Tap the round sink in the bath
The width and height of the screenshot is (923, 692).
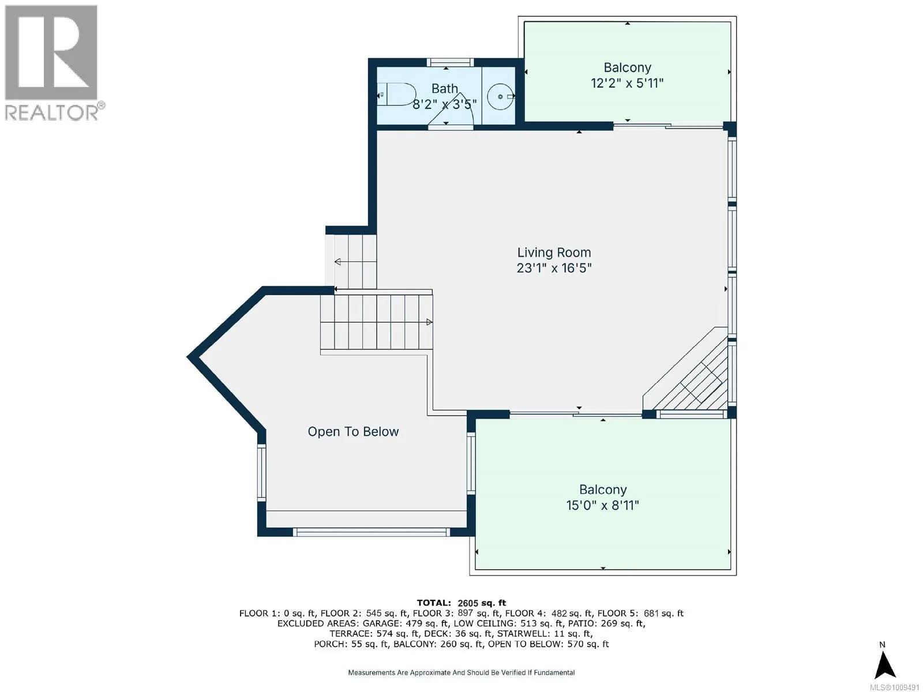point(500,97)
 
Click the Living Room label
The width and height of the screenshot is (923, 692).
point(554,253)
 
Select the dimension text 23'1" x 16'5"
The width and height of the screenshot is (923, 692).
point(554,268)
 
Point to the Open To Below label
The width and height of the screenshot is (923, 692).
point(353,431)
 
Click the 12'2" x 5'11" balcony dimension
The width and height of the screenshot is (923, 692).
point(627,83)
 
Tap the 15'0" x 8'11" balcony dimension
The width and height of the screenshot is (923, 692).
point(603,505)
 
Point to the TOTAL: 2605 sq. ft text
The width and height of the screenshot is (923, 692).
point(461,603)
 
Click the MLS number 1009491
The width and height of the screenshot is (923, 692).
point(894,687)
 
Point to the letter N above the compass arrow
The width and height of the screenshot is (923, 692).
point(882,645)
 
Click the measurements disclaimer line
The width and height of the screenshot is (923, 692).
point(461,672)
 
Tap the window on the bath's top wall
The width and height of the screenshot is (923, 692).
point(450,63)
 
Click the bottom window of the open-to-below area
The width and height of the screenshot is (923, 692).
point(372,532)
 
